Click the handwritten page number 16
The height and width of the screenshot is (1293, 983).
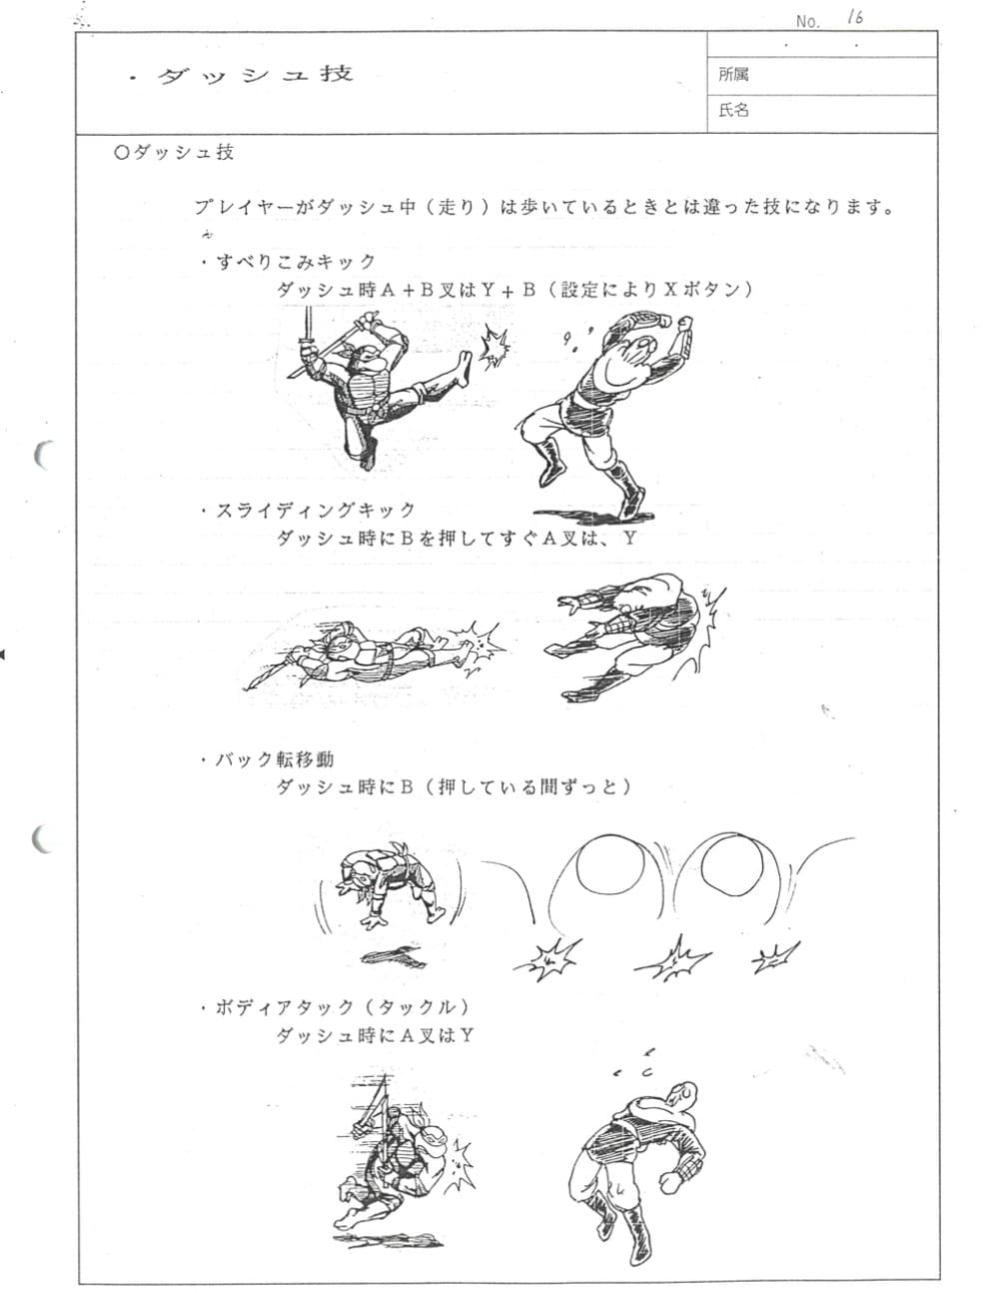(x=854, y=18)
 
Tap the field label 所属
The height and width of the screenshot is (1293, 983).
(x=733, y=74)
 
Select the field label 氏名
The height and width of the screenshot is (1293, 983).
(x=733, y=110)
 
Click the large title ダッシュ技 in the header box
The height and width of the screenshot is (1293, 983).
(x=256, y=75)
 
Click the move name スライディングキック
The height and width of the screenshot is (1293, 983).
(x=316, y=511)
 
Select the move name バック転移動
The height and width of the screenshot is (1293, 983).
(x=275, y=759)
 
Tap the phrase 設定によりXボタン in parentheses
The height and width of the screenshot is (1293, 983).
(x=656, y=290)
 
